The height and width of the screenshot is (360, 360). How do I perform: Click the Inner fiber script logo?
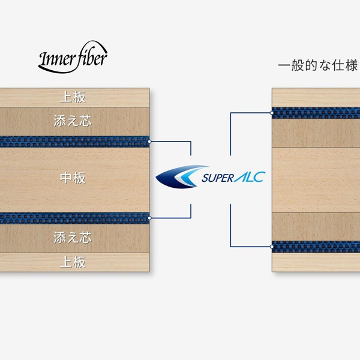click(73, 57)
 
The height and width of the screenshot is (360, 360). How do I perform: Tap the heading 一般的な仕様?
click(318, 65)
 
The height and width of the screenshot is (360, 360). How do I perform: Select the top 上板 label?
click(73, 97)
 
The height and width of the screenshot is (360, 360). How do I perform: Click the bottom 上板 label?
click(73, 262)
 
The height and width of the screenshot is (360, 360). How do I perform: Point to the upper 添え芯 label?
click(73, 121)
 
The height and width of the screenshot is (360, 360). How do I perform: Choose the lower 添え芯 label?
click(73, 238)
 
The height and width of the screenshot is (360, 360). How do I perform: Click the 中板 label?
click(73, 178)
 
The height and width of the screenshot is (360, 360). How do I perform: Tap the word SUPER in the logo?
click(218, 178)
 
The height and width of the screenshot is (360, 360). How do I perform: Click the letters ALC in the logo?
click(250, 177)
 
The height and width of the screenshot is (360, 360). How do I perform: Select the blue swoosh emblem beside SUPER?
click(182, 176)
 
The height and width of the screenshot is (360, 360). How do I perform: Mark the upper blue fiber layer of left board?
click(74, 142)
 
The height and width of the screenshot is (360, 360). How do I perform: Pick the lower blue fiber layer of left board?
click(74, 218)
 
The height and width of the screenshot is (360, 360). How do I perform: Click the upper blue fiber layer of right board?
click(316, 113)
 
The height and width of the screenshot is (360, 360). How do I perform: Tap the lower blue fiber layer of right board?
click(316, 247)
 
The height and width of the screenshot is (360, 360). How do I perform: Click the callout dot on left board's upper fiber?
click(149, 142)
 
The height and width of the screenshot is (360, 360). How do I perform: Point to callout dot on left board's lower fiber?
click(149, 218)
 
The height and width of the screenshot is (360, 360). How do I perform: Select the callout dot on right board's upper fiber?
click(272, 113)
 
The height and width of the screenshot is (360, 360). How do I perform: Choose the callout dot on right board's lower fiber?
click(272, 247)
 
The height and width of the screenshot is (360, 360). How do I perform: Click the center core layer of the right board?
click(316, 180)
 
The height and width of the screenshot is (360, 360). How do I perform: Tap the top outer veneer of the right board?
click(316, 98)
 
